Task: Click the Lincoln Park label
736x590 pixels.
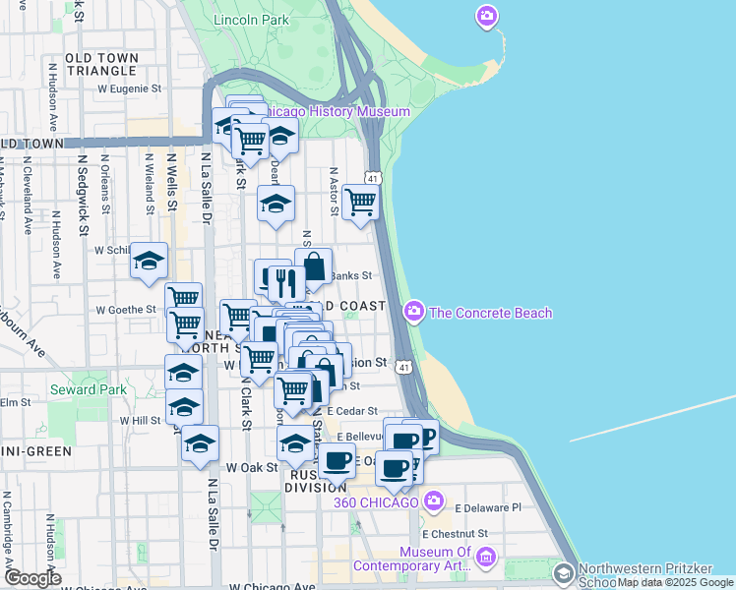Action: (x=250, y=20)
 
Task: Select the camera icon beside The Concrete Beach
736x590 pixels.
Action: (x=414, y=313)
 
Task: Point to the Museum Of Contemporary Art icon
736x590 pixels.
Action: (x=485, y=559)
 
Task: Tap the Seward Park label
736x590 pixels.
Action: (x=87, y=389)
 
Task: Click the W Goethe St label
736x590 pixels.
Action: (x=125, y=309)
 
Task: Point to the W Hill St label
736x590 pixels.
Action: (x=140, y=420)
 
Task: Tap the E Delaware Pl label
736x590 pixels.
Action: (x=486, y=508)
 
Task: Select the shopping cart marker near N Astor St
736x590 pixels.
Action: (x=361, y=202)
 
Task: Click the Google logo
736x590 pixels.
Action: (x=31, y=578)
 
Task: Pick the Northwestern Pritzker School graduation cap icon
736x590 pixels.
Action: (x=564, y=572)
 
